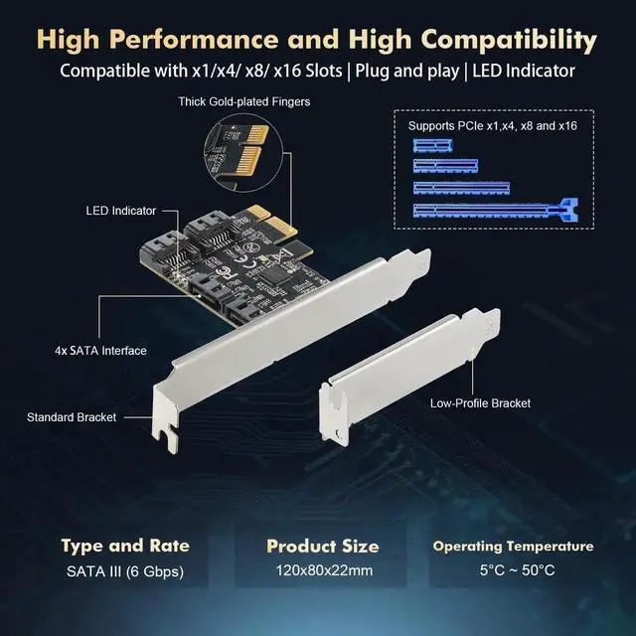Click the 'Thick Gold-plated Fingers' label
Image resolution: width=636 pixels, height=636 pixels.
coord(244,101)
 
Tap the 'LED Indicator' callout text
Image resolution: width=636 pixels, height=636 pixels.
coord(121,211)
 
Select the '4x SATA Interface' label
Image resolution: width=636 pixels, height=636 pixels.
coord(100,351)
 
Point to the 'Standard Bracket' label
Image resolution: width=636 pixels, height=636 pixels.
coord(72,417)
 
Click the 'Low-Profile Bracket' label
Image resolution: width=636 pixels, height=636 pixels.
coord(480,403)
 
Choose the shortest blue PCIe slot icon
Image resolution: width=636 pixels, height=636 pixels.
coord(433,146)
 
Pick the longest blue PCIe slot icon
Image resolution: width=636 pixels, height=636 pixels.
coord(496,210)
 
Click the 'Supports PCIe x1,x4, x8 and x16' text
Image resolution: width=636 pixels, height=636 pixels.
coord(493,126)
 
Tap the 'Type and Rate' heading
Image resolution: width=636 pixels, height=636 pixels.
coord(125,546)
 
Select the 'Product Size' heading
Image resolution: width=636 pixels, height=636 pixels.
coord(323,546)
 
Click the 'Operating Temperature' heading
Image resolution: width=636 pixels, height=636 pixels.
coord(513,547)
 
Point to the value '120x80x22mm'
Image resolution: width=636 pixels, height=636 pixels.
coord(325,570)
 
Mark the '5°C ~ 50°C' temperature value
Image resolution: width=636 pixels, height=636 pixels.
coord(517,570)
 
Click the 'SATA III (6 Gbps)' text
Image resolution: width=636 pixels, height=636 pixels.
coord(125,571)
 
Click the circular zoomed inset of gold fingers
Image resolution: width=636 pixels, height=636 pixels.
coord(242,153)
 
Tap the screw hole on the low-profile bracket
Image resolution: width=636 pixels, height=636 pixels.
coord(338,433)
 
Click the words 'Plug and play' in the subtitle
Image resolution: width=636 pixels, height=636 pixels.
coord(406,71)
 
